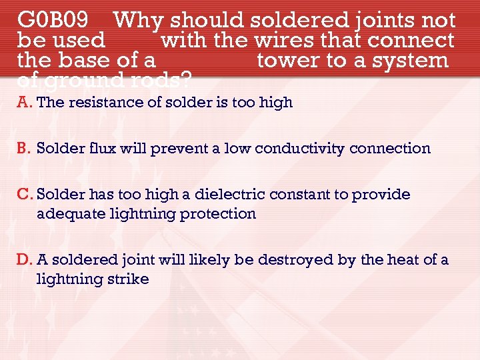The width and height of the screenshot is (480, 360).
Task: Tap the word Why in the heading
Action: (139, 21)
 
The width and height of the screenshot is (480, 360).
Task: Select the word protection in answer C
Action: (221, 213)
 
